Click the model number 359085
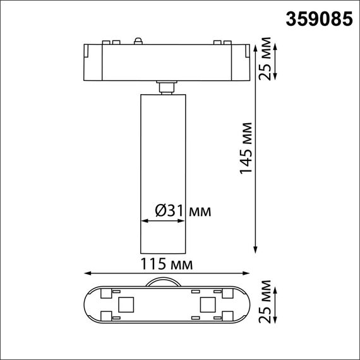click(x=318, y=20)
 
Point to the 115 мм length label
click(x=167, y=261)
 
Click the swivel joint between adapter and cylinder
click(x=167, y=87)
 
